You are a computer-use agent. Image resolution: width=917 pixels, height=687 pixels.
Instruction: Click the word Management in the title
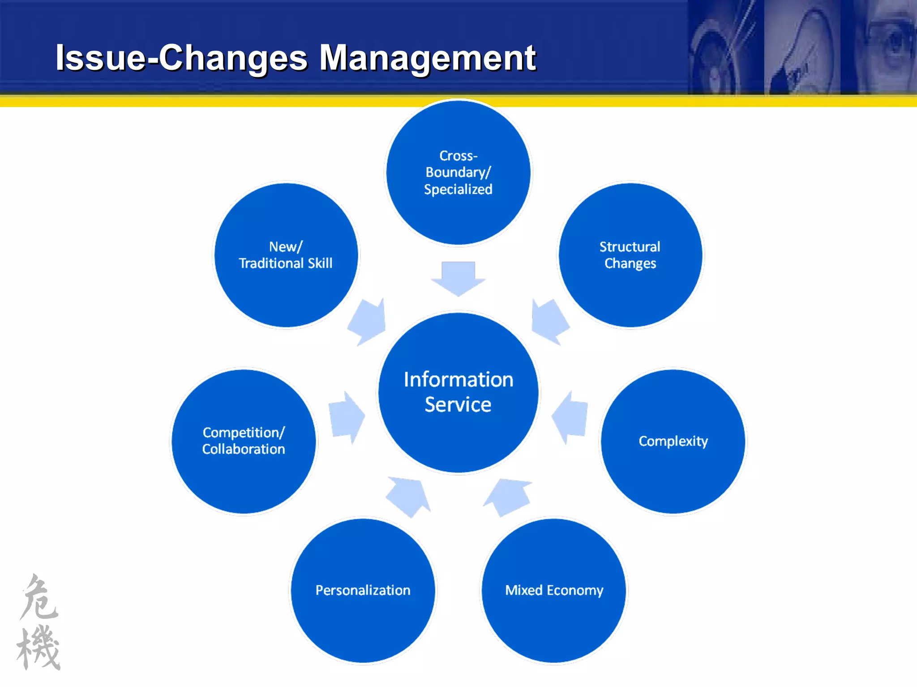click(428, 58)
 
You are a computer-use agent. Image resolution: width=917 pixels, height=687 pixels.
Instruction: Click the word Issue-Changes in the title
click(181, 58)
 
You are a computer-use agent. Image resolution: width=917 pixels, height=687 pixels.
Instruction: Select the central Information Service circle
click(458, 392)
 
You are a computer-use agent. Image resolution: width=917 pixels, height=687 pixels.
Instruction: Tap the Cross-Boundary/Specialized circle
click(458, 173)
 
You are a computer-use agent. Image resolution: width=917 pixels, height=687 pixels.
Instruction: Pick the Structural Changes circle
click(630, 255)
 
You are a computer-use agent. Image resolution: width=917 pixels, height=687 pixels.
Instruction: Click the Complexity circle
click(673, 441)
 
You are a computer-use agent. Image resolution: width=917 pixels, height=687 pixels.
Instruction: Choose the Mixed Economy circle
click(554, 590)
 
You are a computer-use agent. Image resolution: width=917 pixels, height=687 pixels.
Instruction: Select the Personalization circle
click(363, 590)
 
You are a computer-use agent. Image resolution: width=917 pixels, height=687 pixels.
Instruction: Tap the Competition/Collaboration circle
click(244, 441)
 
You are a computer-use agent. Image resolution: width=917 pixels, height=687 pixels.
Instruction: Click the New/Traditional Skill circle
click(286, 255)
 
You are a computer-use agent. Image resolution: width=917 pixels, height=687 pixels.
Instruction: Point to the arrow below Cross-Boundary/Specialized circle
click(458, 277)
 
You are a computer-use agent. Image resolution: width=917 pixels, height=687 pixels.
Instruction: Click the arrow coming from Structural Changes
click(549, 321)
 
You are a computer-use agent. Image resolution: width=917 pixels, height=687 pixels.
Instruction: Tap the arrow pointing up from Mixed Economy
click(508, 496)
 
